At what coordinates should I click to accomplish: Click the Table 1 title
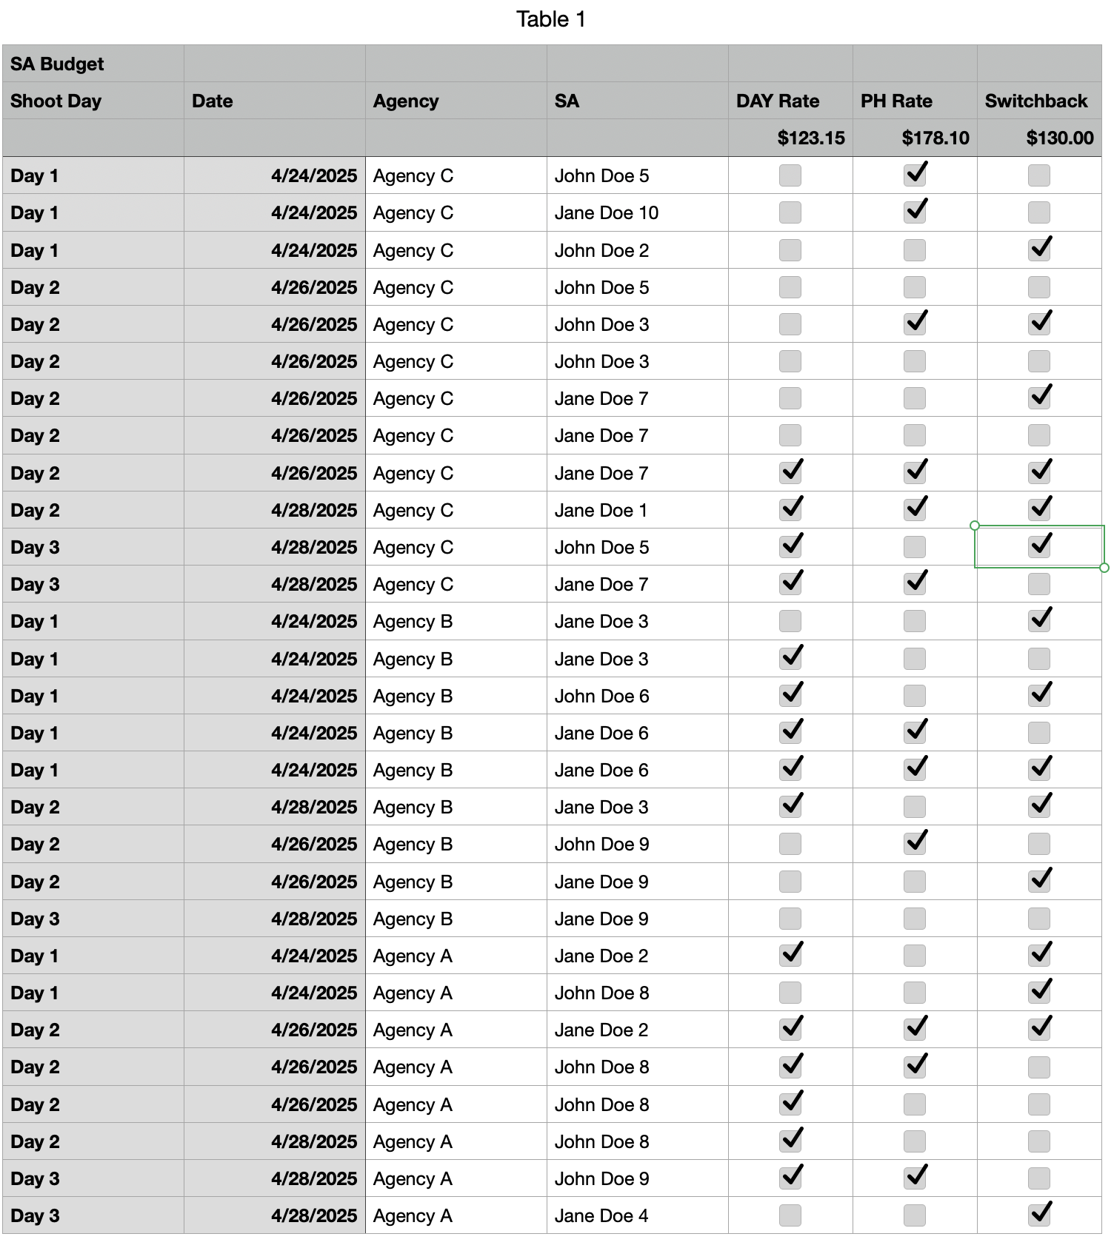[550, 19]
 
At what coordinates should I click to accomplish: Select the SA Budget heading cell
[57, 64]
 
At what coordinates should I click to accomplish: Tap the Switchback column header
[1035, 101]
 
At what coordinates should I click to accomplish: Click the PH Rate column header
[895, 101]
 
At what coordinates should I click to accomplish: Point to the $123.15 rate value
[810, 138]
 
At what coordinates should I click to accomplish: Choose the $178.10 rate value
[935, 138]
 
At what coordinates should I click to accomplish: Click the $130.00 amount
[1059, 138]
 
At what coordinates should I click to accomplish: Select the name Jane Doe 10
[606, 213]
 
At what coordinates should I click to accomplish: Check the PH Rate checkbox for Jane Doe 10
[915, 212]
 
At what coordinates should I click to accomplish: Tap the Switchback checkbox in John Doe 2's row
[1039, 249]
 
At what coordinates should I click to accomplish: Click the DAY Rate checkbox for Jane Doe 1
[790, 509]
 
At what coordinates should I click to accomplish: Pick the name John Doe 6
[601, 697]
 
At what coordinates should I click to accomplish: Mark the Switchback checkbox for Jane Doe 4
[1039, 1215]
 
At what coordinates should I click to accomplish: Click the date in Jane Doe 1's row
[313, 511]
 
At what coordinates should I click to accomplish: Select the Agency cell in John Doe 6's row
[413, 697]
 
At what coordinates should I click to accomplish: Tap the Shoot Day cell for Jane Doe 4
[35, 1215]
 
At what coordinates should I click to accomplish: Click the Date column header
[212, 101]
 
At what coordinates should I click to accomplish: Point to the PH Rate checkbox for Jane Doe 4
[915, 1215]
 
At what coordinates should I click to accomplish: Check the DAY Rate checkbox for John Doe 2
[790, 250]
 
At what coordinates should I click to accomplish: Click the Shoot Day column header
[56, 101]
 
